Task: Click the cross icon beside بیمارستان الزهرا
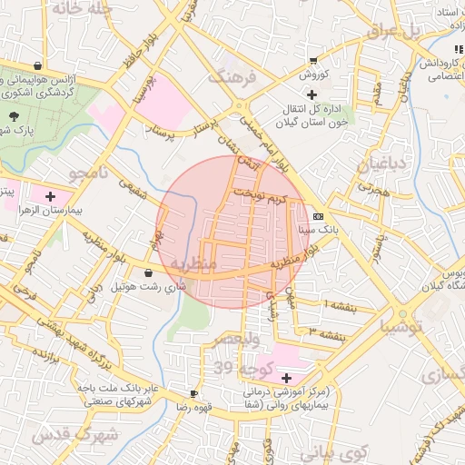49,195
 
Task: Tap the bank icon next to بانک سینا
317,217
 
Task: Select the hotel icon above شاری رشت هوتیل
148,272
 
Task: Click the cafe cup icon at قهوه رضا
193,393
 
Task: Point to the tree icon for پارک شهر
15,115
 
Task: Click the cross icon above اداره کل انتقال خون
312,94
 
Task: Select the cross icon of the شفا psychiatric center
287,377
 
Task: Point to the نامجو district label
88,172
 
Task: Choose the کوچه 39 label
236,369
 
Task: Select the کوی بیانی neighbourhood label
331,452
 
